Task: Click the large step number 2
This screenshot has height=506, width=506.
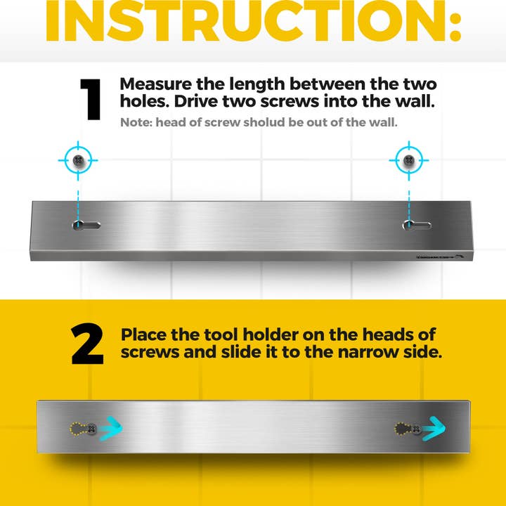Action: [x=87, y=344]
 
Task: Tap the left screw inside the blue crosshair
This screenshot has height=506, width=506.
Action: [x=78, y=160]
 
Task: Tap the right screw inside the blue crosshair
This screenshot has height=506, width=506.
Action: [x=409, y=160]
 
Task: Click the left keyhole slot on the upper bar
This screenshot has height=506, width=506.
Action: [x=86, y=225]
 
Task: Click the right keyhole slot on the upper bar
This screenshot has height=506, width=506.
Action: [x=417, y=225]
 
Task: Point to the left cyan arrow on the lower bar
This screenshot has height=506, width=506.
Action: [x=111, y=429]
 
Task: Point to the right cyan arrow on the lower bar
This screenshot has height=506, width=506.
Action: [x=434, y=429]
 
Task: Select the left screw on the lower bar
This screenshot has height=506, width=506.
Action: [x=92, y=429]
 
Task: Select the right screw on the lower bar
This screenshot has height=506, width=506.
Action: [x=416, y=429]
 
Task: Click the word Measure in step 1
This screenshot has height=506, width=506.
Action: [x=156, y=84]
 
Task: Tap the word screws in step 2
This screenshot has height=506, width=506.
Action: [x=150, y=352]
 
